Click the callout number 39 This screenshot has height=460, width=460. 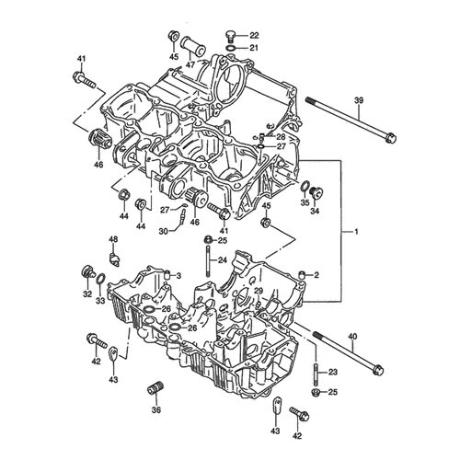(359, 100)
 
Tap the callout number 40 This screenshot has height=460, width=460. (352, 337)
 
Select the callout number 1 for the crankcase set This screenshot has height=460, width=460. (356, 232)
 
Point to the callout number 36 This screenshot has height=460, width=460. (156, 409)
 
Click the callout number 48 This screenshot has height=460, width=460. (113, 239)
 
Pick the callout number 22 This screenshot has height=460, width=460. (254, 35)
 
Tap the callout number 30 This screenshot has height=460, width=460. (164, 231)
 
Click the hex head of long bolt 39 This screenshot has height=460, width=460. (390, 137)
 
